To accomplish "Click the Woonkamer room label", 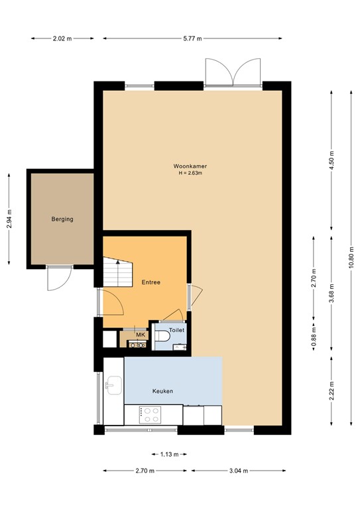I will (189, 166).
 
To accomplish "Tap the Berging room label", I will (62, 219).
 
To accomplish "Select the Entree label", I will (151, 282).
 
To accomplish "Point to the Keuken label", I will (162, 392).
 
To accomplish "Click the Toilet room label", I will (176, 329).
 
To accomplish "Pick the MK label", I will (140, 335).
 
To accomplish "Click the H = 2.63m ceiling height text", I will (189, 174).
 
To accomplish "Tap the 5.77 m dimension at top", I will (192, 38).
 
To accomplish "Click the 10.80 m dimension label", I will (350, 258).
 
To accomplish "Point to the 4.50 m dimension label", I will (332, 160).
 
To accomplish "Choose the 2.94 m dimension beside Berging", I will (9, 219).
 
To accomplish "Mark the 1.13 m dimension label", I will (170, 454).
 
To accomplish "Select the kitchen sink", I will (113, 384).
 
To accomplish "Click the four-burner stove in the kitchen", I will (150, 415).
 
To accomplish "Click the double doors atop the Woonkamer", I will (232, 72).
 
